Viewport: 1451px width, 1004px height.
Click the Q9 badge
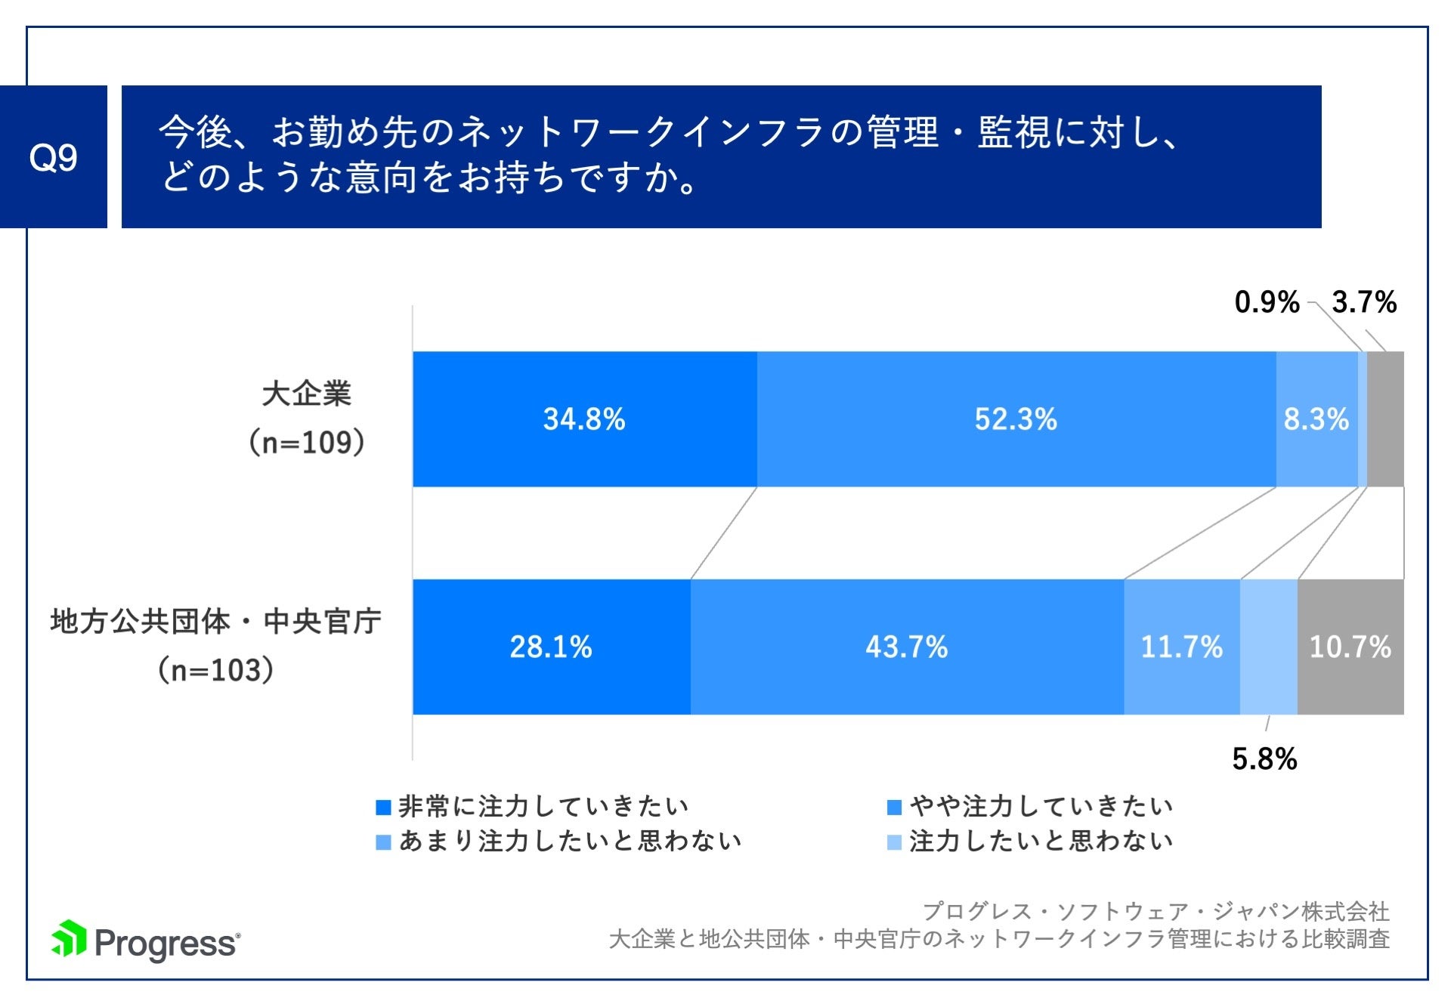53,156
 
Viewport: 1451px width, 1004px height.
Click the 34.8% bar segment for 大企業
584,419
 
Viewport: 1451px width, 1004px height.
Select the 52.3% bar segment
1016,419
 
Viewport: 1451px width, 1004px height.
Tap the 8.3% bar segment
1316,419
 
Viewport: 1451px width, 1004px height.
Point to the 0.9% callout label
1267,302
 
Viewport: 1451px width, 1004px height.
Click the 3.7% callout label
1364,302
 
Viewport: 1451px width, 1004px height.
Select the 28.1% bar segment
551,647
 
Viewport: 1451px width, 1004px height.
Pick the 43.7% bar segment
906,647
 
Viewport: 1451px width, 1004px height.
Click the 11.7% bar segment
1181,647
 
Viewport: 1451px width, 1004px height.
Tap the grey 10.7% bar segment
1350,647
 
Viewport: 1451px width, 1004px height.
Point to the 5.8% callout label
1264,758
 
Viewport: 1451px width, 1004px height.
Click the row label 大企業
307,394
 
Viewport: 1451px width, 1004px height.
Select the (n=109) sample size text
307,442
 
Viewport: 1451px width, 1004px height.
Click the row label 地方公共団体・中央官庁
216,622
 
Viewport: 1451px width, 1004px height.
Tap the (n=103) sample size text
216,670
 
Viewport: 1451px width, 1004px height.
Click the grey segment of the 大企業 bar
1385,419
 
